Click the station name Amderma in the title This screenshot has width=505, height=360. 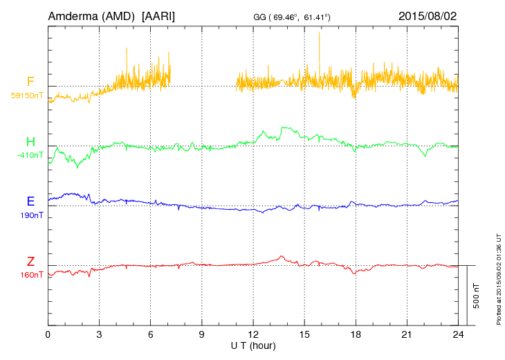pos(71,15)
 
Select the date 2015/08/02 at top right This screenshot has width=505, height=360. pos(427,15)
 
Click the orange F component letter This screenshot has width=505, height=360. pos(30,82)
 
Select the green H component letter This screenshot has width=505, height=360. pos(30,142)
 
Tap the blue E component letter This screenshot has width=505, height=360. pos(30,201)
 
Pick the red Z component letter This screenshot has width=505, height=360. pos(30,261)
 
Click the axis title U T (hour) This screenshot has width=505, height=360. pos(253,345)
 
